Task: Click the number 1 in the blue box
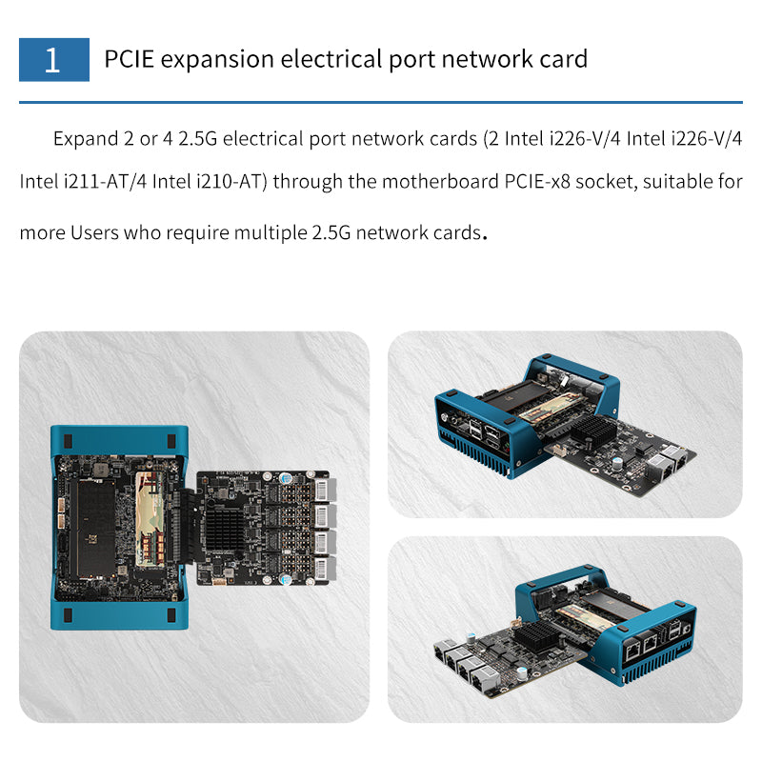52,60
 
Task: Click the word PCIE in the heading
130,59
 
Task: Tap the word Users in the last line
95,232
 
